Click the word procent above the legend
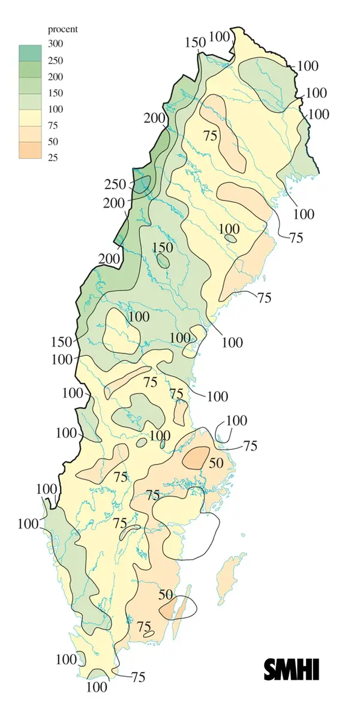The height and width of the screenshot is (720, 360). click(x=62, y=29)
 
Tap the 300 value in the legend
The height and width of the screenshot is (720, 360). click(x=56, y=44)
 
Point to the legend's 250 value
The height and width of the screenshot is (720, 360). click(x=56, y=61)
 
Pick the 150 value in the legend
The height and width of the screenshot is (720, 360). click(x=56, y=93)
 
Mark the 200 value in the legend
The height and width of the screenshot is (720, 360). click(x=56, y=77)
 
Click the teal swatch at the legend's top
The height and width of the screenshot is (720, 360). click(x=29, y=52)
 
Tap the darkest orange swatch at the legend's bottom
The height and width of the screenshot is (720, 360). click(x=29, y=149)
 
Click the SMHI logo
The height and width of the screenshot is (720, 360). click(x=292, y=670)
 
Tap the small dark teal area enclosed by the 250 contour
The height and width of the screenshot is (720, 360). click(x=142, y=183)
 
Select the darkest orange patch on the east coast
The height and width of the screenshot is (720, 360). click(x=195, y=457)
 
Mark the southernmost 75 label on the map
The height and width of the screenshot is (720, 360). click(x=138, y=677)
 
